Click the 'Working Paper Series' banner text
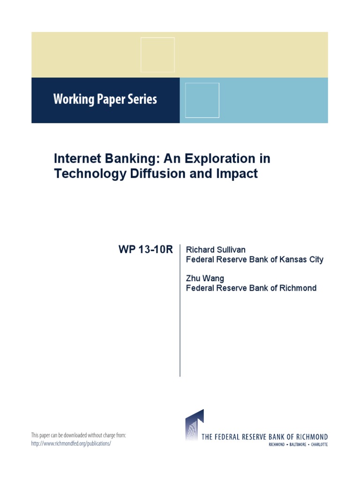[105, 99]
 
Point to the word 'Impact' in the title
[238, 173]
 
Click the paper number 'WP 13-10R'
[146, 250]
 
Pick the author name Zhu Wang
[205, 278]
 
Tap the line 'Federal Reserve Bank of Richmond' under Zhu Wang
[251, 288]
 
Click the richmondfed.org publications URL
[71, 443]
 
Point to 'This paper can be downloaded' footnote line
[79, 435]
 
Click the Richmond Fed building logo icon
[194, 425]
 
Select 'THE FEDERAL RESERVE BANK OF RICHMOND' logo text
[264, 437]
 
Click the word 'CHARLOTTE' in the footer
[317, 444]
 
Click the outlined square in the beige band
[157, 55]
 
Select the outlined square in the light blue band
[202, 100]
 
